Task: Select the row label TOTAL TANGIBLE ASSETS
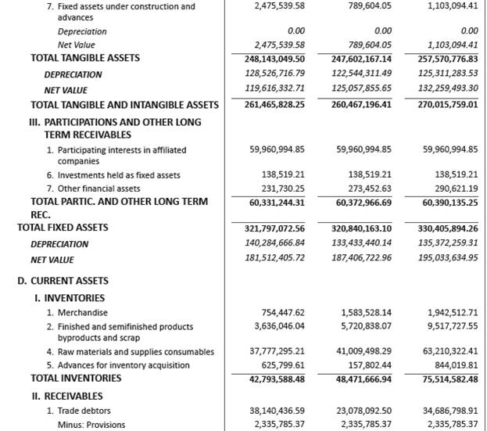pos(85,58)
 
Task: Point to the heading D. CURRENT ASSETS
pos(63,281)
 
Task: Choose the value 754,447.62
pos(282,313)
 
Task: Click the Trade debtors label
pos(78,411)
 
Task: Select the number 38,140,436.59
pos(277,411)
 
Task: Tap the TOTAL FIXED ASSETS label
pos(63,228)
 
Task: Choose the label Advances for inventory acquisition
pos(117,365)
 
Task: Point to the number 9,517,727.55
pos(451,326)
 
